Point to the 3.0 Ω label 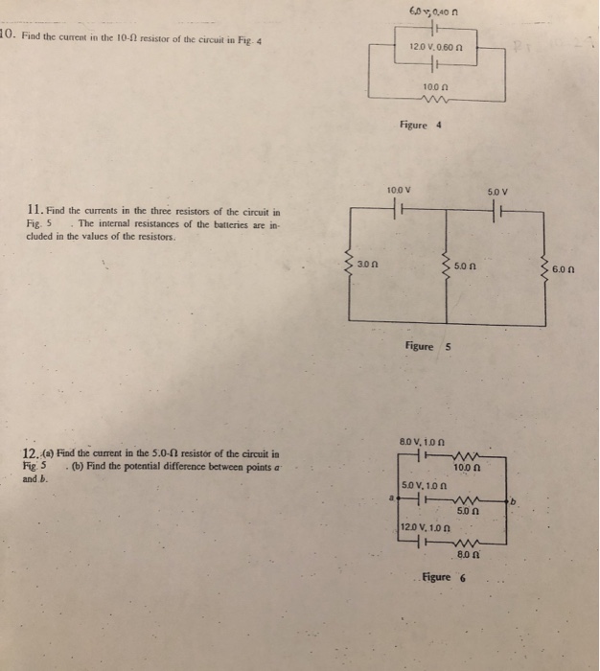(x=369, y=263)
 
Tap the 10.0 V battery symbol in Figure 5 (x=395, y=209)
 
